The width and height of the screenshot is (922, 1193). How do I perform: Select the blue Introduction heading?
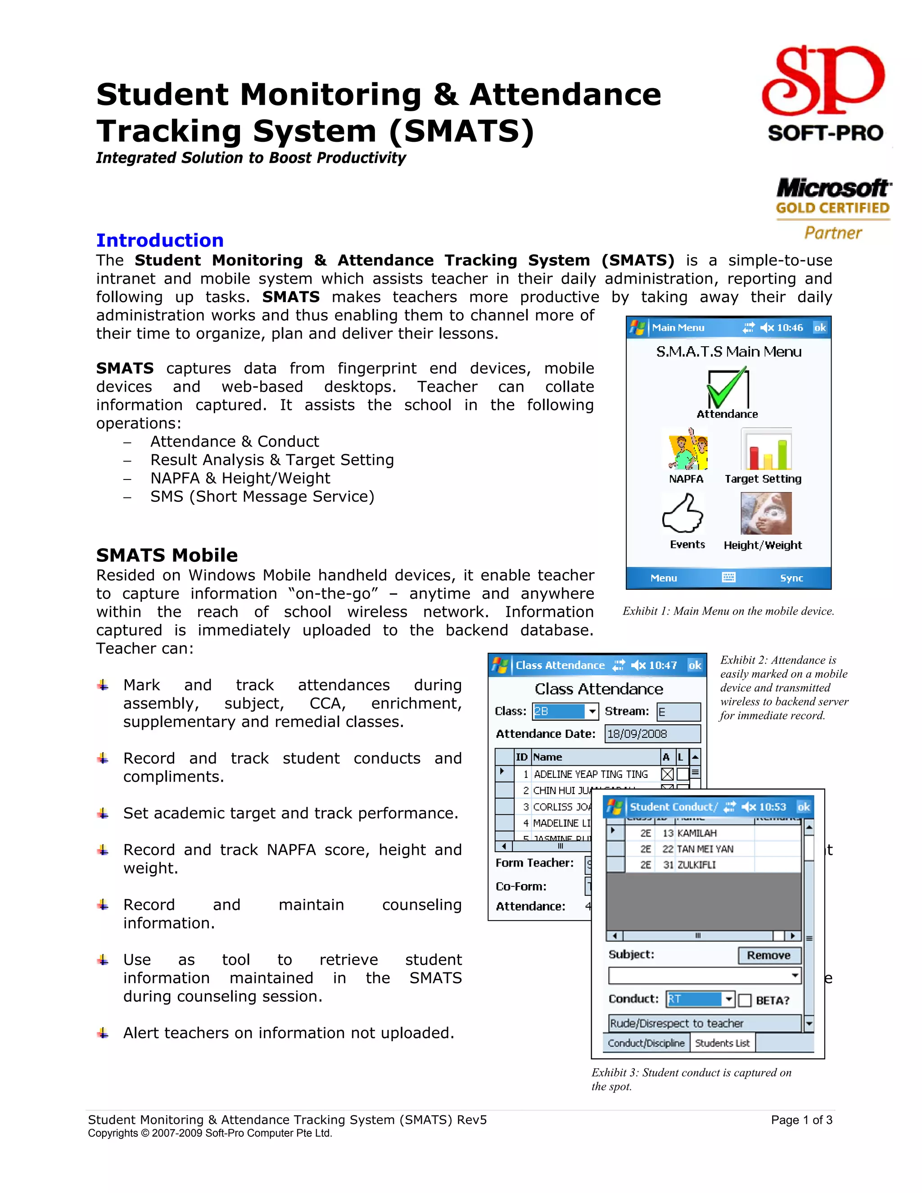[159, 240]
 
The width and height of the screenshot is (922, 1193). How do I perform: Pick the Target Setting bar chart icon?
[766, 449]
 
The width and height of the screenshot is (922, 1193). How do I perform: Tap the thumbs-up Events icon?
[683, 514]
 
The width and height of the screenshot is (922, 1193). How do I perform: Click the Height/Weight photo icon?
[766, 514]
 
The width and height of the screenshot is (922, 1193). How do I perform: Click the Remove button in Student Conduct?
[769, 955]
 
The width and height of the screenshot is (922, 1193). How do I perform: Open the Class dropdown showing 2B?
[592, 711]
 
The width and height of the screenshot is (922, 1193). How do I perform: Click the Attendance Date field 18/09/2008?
[652, 734]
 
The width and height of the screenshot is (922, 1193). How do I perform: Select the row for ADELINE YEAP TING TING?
[590, 774]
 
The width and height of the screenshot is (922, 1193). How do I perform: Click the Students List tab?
[722, 1043]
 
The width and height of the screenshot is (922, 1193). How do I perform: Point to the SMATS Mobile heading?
[167, 555]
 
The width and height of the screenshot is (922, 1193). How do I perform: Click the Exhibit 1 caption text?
[728, 611]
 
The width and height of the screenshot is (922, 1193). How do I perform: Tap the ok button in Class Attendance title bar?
[694, 665]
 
